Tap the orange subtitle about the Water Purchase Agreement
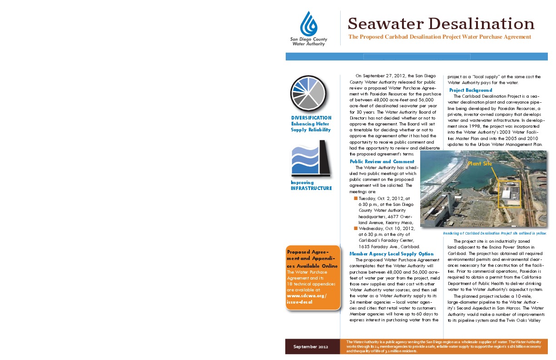[439, 37]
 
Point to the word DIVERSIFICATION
[311, 118]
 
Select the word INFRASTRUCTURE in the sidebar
[311, 188]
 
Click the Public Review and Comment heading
[382, 161]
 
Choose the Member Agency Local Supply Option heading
[391, 254]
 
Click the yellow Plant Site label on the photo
[480, 164]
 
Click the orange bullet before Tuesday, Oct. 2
[356, 199]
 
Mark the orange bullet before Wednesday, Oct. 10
[356, 228]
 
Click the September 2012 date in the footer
[311, 347]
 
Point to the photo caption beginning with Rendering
[494, 233]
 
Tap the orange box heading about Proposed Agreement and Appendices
[313, 259]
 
